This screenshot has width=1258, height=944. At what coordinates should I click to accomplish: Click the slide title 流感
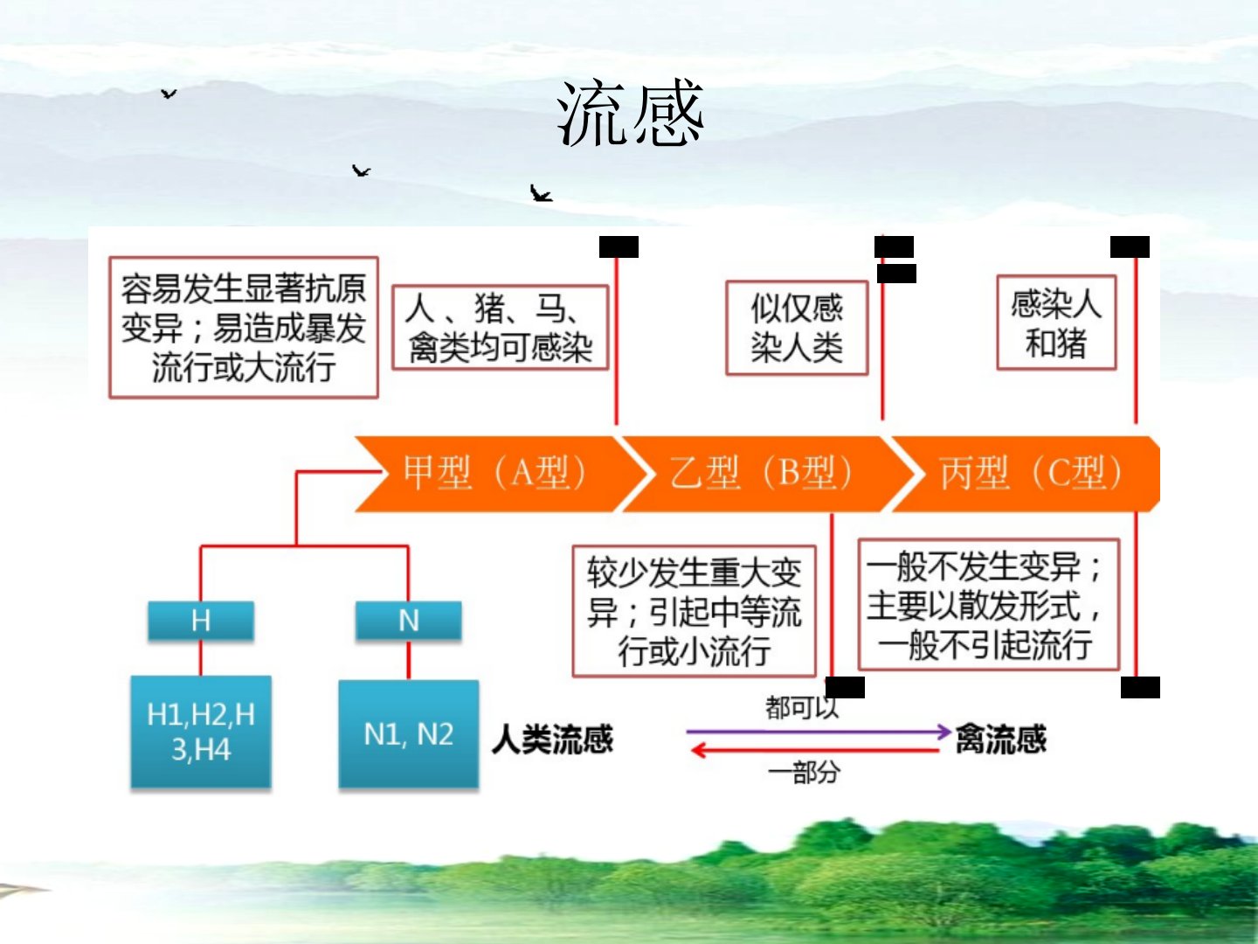[x=630, y=114]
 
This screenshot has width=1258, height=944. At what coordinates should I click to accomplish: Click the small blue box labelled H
[x=201, y=621]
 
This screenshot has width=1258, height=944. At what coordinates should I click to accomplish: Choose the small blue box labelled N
[x=408, y=621]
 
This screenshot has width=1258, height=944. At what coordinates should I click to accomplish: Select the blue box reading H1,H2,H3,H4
[x=201, y=732]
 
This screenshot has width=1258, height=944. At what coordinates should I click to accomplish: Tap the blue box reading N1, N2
[x=408, y=734]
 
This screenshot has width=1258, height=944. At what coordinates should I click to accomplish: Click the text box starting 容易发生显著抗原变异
[x=244, y=328]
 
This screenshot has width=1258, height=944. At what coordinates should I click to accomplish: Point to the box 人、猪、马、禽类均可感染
[x=500, y=328]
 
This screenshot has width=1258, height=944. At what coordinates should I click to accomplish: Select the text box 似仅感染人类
[x=797, y=328]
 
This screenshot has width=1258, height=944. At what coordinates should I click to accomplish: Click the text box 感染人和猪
[x=1056, y=323]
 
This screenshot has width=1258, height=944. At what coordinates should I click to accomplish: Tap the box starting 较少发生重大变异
[x=694, y=612]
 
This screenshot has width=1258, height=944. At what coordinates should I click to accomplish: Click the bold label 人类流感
[x=552, y=740]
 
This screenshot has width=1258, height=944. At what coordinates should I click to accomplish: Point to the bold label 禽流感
[x=1001, y=740]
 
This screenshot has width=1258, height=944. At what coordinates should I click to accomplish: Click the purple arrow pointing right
[x=817, y=731]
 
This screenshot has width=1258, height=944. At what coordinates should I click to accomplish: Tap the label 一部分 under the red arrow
[x=804, y=773]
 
